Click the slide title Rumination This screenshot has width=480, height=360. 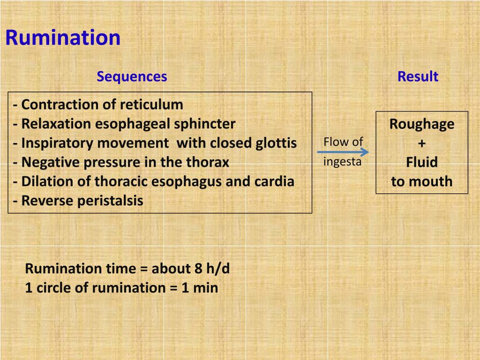coord(63,38)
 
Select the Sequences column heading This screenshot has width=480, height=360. coord(132,76)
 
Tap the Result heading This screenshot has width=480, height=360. coord(418,76)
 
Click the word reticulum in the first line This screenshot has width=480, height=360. coord(151,105)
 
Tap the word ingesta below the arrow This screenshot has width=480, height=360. coord(343,162)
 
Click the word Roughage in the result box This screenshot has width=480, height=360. coord(422,124)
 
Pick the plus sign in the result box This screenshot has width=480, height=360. coord(422,143)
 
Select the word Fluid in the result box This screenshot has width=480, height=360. coord(422,163)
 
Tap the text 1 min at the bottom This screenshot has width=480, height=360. coord(200,287)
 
